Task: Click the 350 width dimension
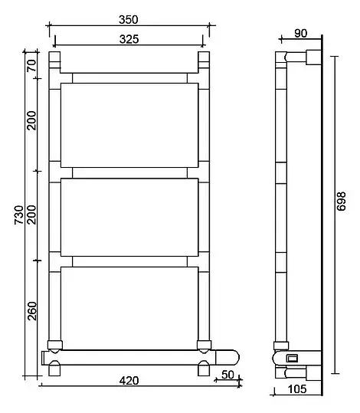(x=129, y=20)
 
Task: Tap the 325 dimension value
(x=129, y=39)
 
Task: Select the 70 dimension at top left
(x=32, y=66)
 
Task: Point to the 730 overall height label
(x=19, y=215)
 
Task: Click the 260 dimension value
(x=32, y=311)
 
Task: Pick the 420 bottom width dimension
(x=129, y=381)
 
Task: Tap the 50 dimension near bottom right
(x=227, y=375)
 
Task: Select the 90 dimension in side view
(x=301, y=34)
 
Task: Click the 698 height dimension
(x=342, y=202)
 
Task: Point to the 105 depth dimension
(x=297, y=389)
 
